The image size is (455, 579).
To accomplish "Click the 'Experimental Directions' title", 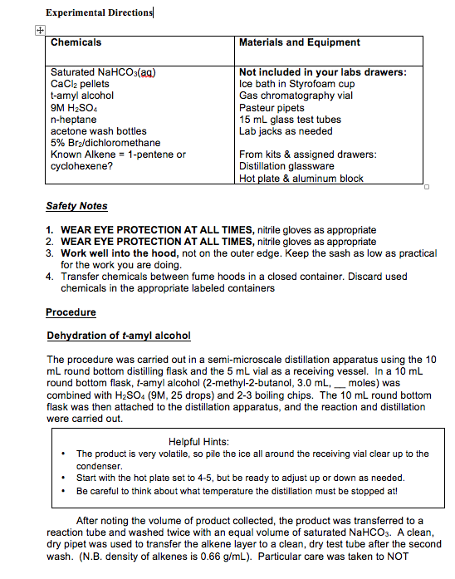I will [x=99, y=12].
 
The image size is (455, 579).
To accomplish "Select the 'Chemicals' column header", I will [x=76, y=42].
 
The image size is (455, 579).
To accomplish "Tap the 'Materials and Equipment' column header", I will [x=299, y=42].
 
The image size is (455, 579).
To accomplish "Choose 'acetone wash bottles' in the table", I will [x=98, y=131].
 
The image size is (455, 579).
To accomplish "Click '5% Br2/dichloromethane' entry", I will [x=105, y=143].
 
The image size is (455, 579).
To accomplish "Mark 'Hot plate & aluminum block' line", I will [x=301, y=178].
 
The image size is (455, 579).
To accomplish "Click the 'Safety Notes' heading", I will [x=76, y=206].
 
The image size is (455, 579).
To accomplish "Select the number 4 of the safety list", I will [x=51, y=277].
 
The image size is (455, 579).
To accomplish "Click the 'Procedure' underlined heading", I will [x=71, y=312].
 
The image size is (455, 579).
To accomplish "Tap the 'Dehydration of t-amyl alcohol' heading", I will [x=118, y=336].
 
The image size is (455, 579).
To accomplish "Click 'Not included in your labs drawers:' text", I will [x=322, y=72].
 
